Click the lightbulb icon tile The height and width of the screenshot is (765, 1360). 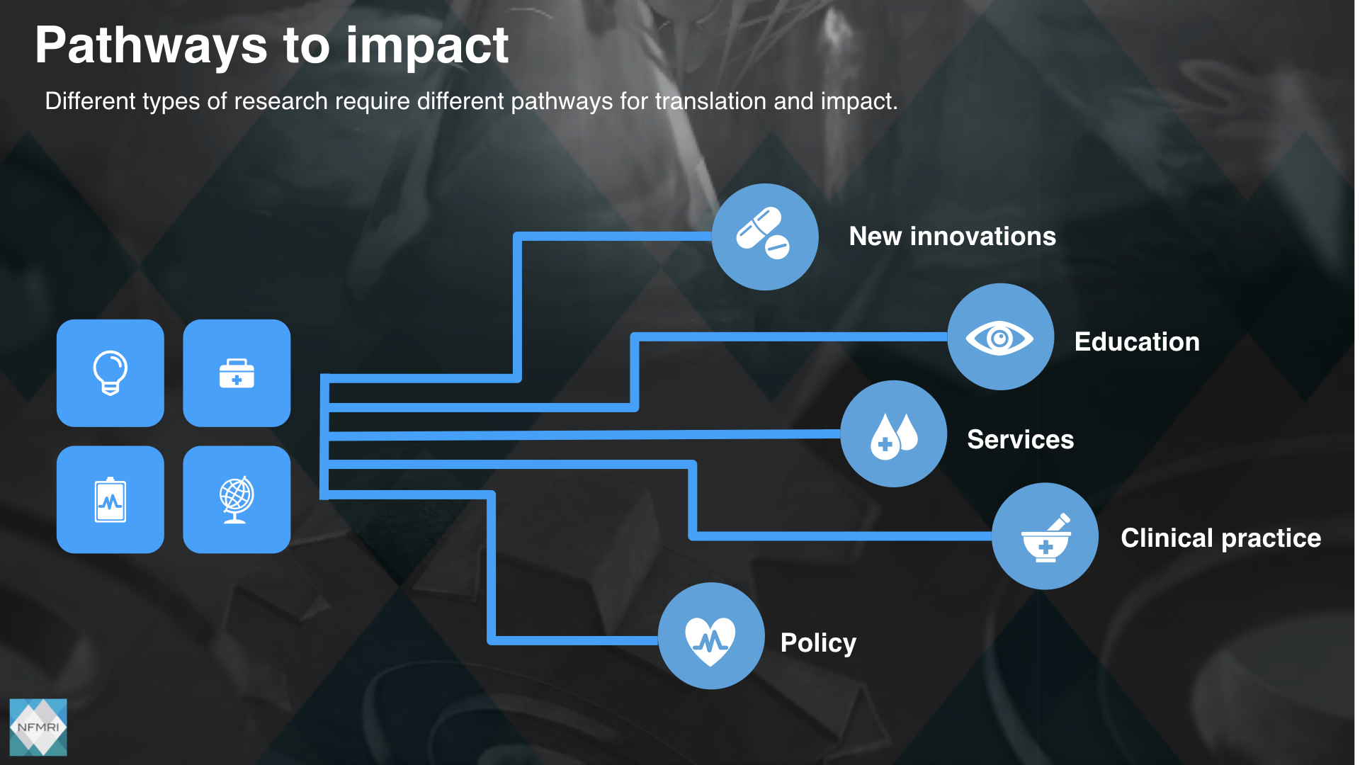coord(110,373)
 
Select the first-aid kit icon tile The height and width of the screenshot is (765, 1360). coord(237,373)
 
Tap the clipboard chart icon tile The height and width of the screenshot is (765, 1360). coord(110,499)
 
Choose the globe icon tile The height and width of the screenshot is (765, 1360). coord(237,499)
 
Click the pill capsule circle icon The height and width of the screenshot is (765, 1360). coord(765,237)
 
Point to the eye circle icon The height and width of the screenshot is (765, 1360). coord(1001,337)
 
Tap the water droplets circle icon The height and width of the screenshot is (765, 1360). coord(894,433)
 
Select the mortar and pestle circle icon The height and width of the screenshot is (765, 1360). coord(1045,536)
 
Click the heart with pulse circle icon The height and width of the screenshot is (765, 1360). coord(711,636)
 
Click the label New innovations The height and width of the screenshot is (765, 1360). coord(953,236)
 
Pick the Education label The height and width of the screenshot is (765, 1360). coord(1137,341)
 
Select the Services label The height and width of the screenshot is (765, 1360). coord(1021,439)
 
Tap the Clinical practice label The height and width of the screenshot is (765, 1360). coord(1221,538)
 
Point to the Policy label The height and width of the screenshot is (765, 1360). coord(818,643)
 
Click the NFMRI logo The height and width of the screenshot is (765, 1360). coord(38,727)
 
